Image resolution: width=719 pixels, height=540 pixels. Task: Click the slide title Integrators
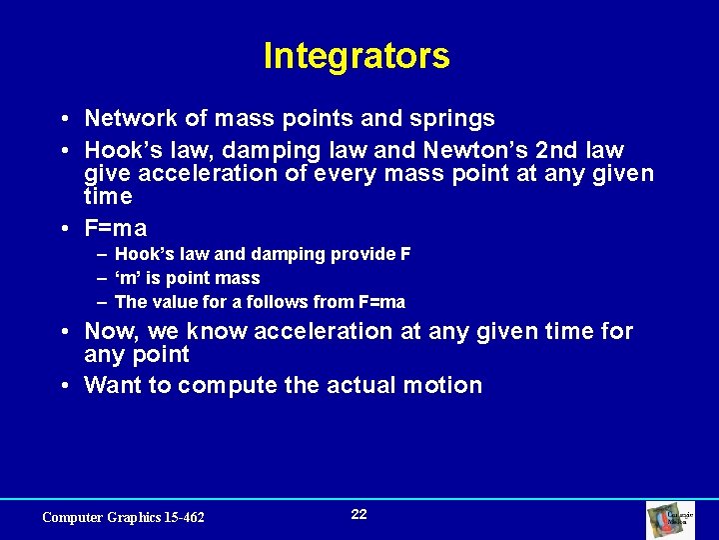tap(357, 56)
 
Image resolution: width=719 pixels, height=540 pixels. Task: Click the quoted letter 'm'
tap(129, 278)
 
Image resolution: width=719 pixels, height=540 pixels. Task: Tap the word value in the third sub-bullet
tap(174, 302)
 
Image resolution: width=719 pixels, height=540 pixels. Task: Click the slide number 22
tap(359, 514)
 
